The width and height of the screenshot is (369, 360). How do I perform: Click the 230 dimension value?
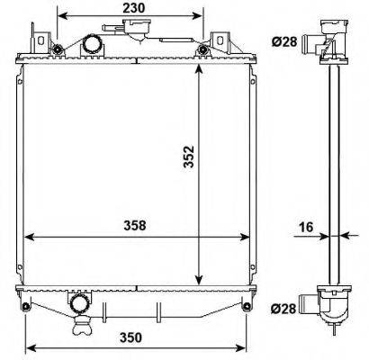(133, 8)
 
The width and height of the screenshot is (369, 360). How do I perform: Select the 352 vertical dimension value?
(190, 157)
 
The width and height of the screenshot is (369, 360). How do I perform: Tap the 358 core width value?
(135, 226)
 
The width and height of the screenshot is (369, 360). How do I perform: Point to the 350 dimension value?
(130, 337)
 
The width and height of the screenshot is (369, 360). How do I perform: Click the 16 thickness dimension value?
(306, 227)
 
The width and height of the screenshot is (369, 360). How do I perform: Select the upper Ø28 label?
(284, 41)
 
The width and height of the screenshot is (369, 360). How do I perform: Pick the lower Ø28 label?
(283, 308)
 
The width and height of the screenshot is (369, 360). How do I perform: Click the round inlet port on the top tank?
(93, 44)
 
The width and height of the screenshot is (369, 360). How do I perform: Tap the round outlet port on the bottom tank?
(78, 304)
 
